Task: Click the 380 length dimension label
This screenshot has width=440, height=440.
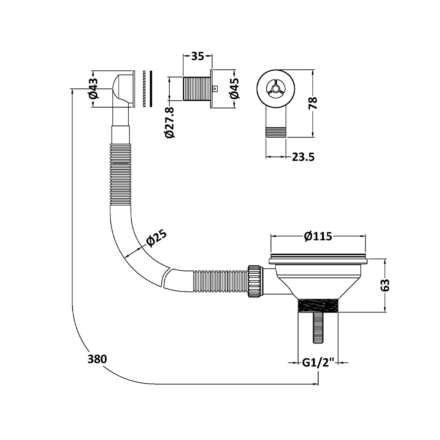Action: click(97, 359)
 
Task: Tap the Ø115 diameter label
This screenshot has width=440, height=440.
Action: click(318, 236)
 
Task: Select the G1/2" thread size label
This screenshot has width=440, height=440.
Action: click(318, 362)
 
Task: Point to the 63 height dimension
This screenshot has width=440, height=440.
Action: click(385, 285)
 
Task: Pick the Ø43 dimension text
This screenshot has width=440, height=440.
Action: click(93, 89)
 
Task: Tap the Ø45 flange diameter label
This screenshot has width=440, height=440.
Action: click(234, 89)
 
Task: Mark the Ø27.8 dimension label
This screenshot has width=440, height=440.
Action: click(170, 122)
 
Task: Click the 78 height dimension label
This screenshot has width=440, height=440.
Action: click(312, 103)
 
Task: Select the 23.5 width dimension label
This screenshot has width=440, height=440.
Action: click(303, 157)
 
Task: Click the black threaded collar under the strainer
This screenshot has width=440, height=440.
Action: click(318, 305)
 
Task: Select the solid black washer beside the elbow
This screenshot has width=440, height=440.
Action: click(151, 89)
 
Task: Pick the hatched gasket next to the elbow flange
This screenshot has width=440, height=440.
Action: click(144, 89)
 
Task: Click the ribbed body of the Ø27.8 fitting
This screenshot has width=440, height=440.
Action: click(196, 89)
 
